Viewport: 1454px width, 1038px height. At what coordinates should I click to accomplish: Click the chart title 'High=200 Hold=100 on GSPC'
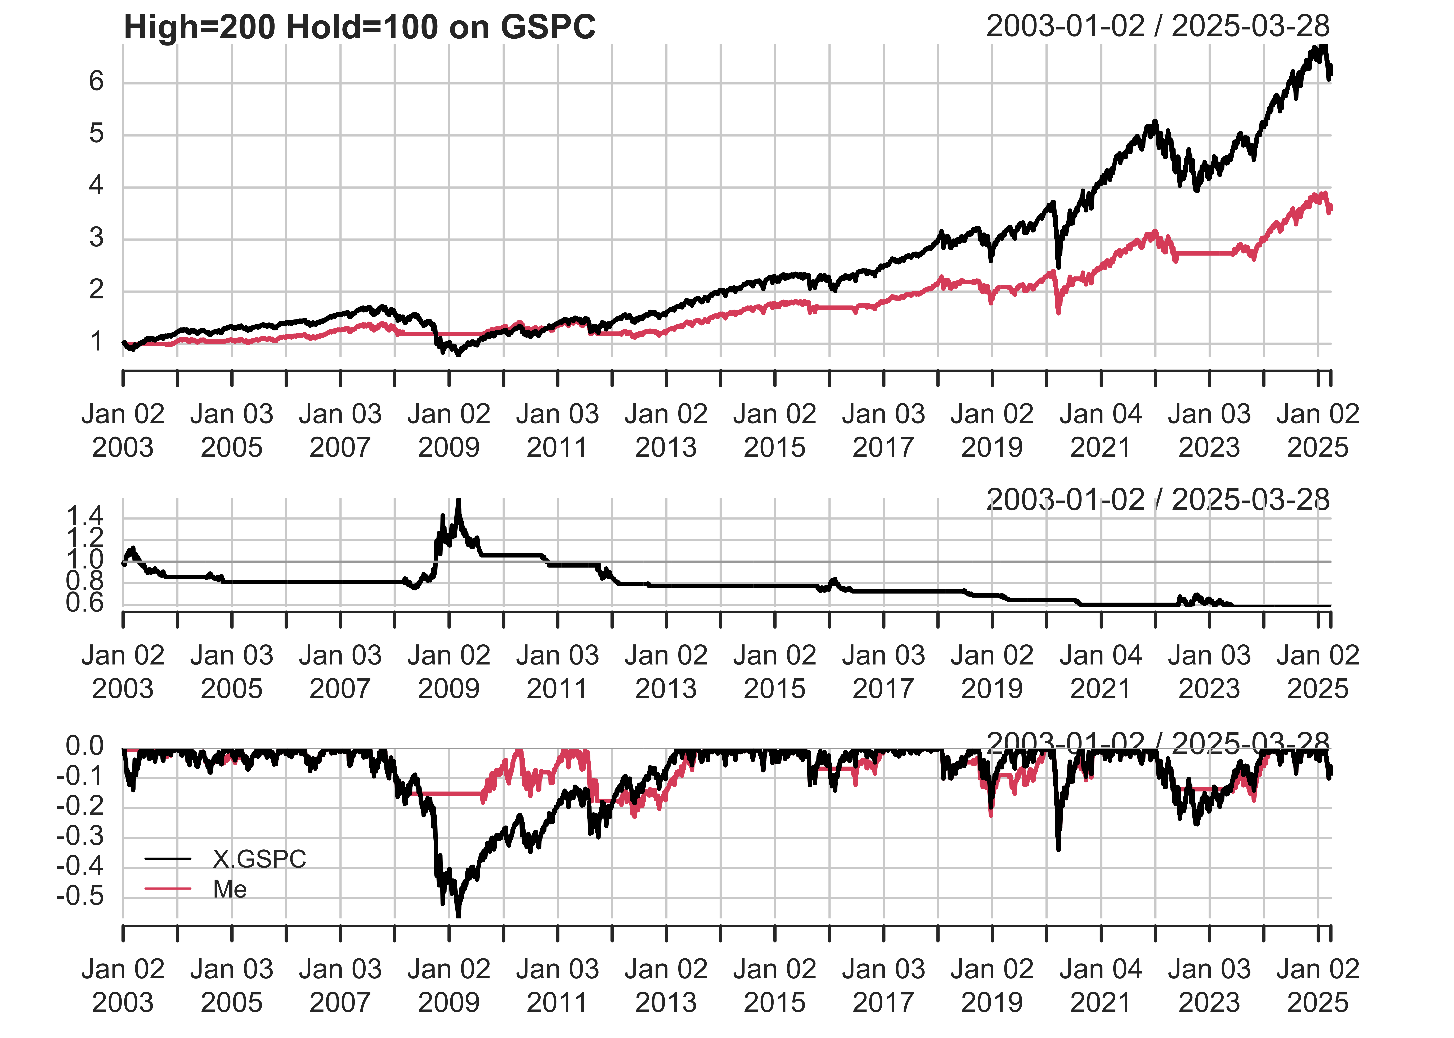pyautogui.click(x=359, y=28)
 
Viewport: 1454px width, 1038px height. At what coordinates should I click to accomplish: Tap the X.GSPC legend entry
pyautogui.click(x=259, y=859)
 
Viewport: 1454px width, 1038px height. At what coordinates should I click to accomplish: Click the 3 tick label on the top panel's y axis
pyautogui.click(x=97, y=238)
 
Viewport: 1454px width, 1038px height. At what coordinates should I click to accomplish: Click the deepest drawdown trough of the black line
pyautogui.click(x=458, y=915)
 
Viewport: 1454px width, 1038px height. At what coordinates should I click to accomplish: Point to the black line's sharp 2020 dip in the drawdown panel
pyautogui.click(x=1058, y=848)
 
